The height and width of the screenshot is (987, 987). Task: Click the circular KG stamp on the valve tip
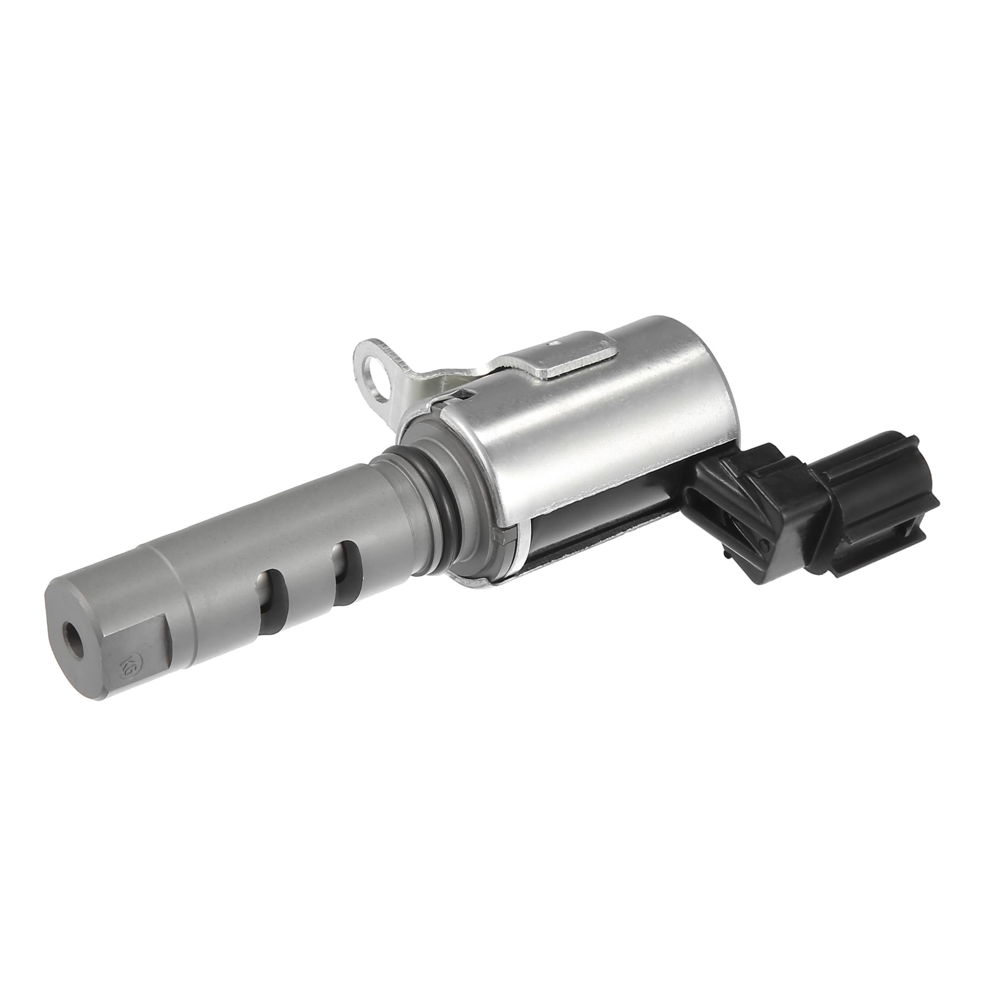(x=126, y=664)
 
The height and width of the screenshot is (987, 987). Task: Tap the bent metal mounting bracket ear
(x=388, y=368)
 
